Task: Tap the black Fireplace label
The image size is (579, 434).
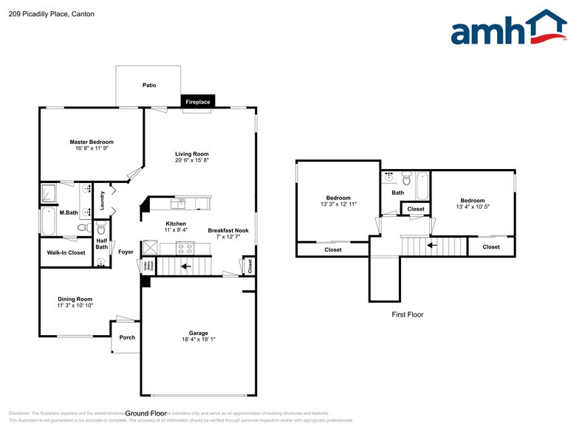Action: pyautogui.click(x=197, y=102)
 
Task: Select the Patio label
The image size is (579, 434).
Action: pyautogui.click(x=149, y=86)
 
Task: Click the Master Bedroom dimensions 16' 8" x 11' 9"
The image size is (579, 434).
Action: pyautogui.click(x=92, y=148)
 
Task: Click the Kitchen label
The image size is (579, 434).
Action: pyautogui.click(x=176, y=224)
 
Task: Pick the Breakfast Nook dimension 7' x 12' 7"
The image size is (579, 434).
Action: pyautogui.click(x=228, y=237)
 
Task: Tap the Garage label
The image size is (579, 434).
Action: pyautogui.click(x=198, y=333)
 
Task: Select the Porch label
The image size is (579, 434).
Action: pyautogui.click(x=127, y=337)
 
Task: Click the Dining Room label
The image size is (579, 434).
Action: pyautogui.click(x=75, y=299)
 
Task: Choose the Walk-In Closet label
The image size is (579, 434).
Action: pyautogui.click(x=66, y=252)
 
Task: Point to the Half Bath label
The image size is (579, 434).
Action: pyautogui.click(x=102, y=244)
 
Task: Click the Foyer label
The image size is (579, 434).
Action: pyautogui.click(x=126, y=252)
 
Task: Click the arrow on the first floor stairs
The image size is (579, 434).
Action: pyautogui.click(x=432, y=245)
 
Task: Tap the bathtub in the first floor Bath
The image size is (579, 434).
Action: pyautogui.click(x=422, y=186)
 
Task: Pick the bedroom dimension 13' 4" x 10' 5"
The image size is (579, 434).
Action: pyautogui.click(x=473, y=207)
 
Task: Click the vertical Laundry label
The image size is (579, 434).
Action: pyautogui.click(x=103, y=200)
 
